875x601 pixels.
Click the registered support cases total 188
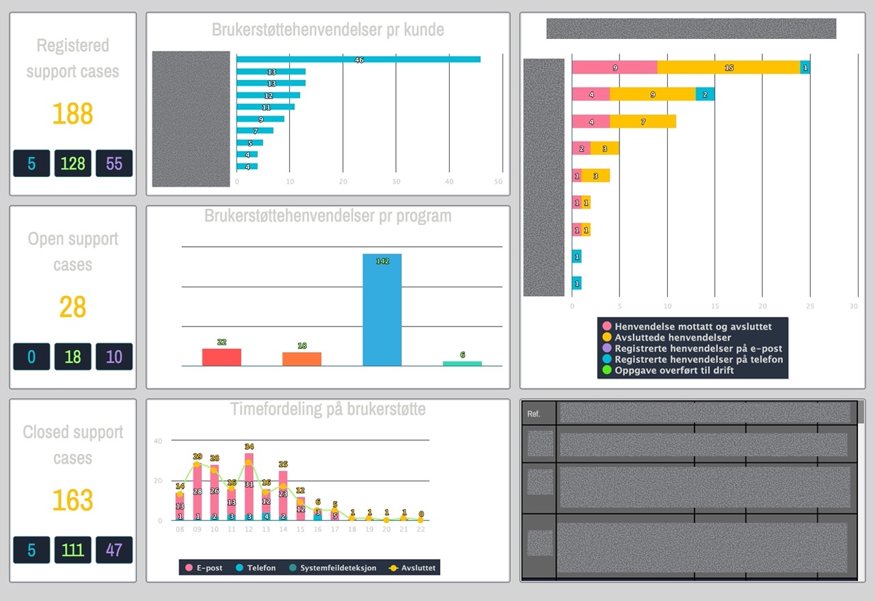(72, 114)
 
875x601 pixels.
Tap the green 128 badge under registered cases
(72, 163)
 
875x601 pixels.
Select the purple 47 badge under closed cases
(114, 550)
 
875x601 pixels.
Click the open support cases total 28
(72, 308)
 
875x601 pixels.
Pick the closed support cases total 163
(72, 500)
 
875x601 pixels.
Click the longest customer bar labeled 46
(358, 59)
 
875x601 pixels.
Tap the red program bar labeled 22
(221, 357)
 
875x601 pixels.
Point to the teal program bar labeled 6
(462, 363)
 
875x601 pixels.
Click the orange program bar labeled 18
(301, 359)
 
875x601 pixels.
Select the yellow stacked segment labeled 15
(729, 68)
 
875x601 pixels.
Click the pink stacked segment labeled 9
(615, 68)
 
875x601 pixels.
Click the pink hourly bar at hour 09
(198, 492)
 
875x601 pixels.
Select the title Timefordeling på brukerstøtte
(327, 410)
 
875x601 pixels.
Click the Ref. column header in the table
(534, 414)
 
